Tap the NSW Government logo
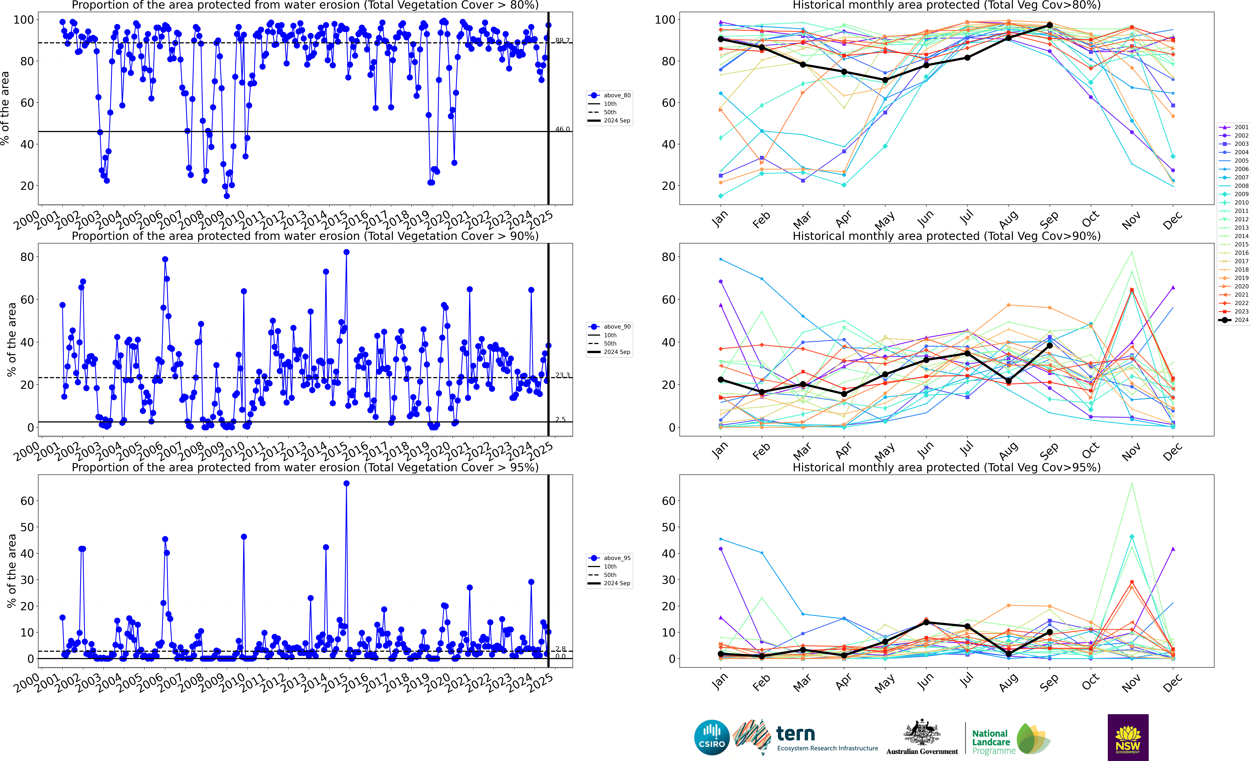coord(1128,737)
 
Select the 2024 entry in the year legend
coord(1234,320)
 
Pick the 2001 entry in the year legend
coord(1234,127)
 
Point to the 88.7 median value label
coord(562,41)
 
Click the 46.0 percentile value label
coord(562,129)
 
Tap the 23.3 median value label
coord(562,375)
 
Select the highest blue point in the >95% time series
coord(346,484)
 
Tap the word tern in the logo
coord(796,734)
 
